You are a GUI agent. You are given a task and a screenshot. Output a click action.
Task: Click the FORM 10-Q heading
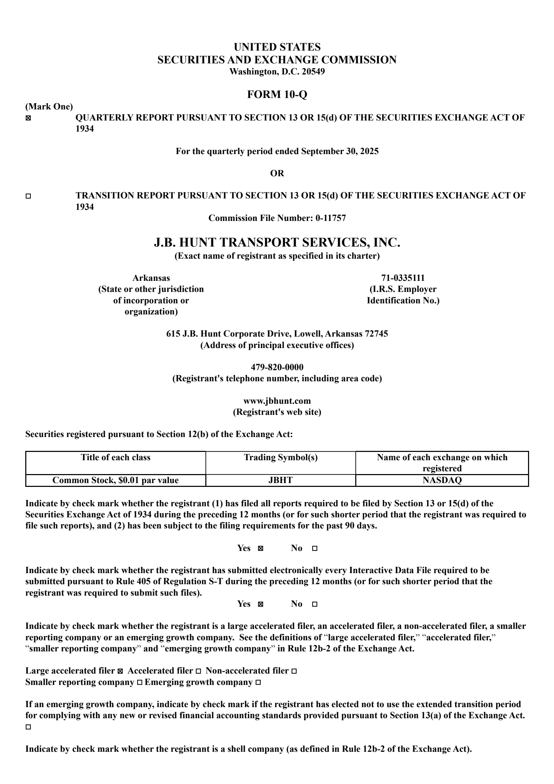[x=277, y=94]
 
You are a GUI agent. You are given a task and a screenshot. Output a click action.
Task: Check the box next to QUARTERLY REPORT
[x=28, y=118]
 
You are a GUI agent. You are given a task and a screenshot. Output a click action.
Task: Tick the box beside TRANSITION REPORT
[x=28, y=196]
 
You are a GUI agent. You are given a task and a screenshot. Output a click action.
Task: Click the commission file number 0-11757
[x=330, y=218]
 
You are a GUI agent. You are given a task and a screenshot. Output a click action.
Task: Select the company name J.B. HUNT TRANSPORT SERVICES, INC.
[x=277, y=242]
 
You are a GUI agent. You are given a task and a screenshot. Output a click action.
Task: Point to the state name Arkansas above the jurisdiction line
[x=151, y=278]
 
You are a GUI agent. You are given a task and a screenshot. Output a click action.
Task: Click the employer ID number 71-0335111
[x=403, y=278]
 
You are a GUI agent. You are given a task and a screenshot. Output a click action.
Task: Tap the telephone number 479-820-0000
[x=277, y=367]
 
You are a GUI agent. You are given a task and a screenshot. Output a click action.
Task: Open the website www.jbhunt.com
[x=277, y=401]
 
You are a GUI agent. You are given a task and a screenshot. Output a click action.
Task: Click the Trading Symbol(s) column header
[x=280, y=457]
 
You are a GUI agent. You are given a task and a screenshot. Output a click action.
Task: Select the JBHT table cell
[x=280, y=480]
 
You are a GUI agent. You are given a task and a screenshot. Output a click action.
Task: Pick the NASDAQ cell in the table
[x=442, y=480]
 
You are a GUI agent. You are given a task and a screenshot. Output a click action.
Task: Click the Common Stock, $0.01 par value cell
[x=116, y=480]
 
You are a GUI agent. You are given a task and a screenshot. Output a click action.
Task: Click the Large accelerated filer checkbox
[x=120, y=671]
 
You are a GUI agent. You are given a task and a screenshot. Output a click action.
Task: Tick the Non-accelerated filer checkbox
[x=294, y=671]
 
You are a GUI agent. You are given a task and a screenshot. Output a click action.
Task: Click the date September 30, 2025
[x=340, y=151]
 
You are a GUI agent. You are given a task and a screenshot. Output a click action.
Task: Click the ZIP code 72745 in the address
[x=376, y=333]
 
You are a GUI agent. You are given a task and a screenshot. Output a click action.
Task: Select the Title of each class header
[x=116, y=457]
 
